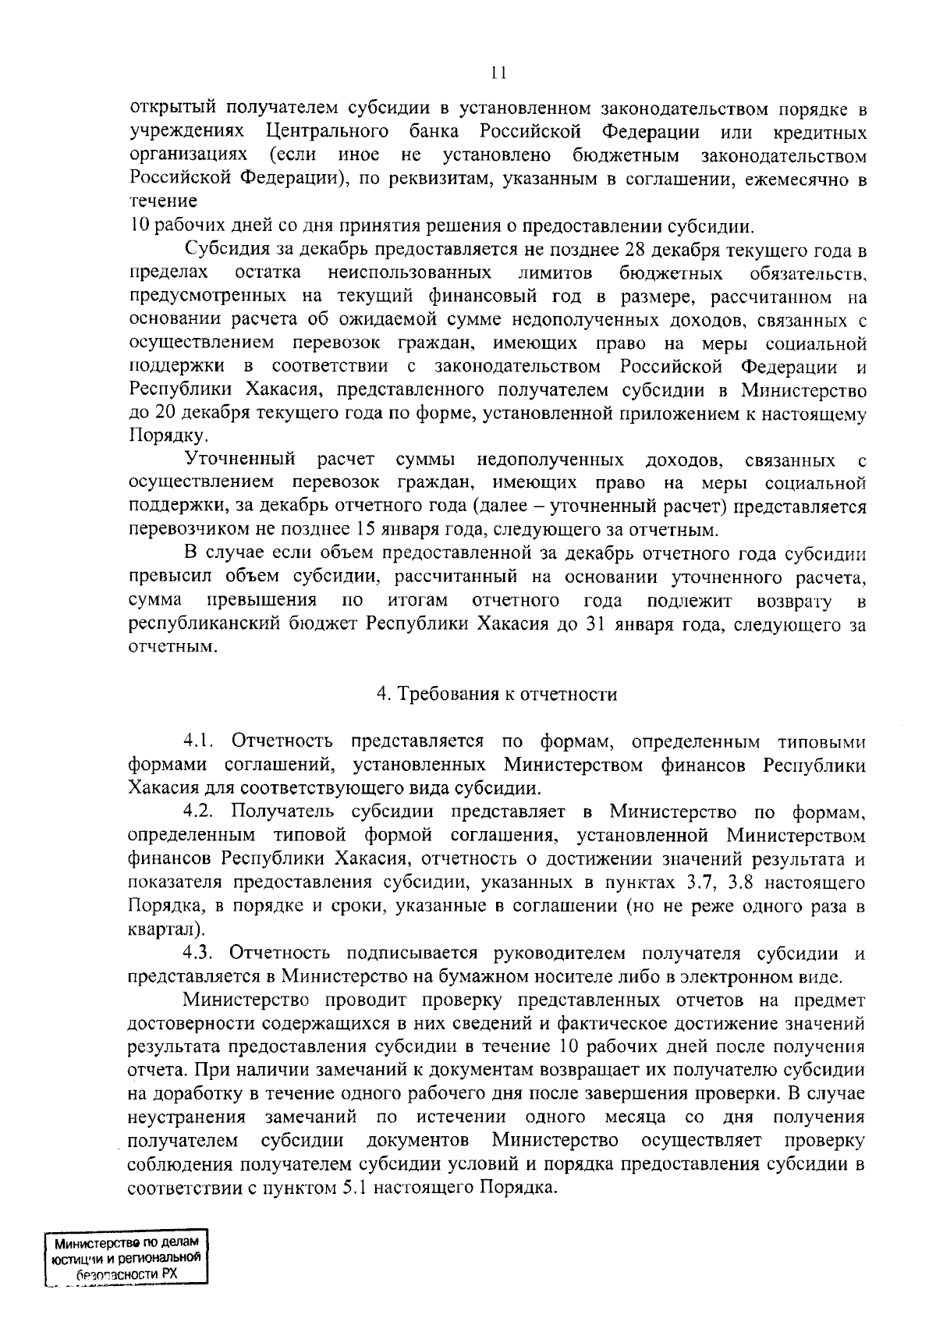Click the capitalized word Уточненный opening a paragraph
[240, 460]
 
